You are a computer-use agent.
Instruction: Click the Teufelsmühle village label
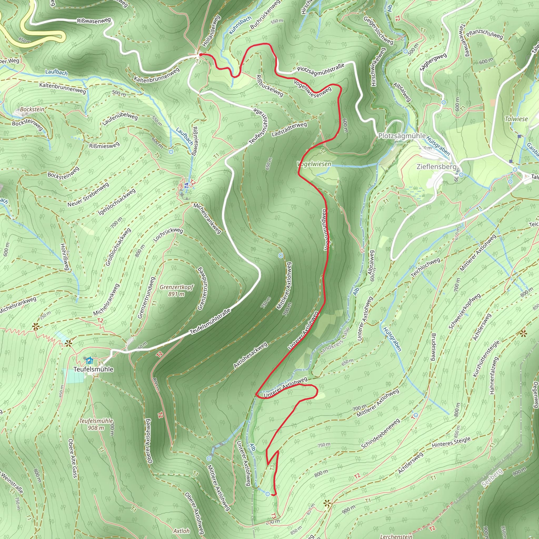tap(93, 369)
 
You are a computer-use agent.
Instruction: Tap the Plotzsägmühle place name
tap(402, 136)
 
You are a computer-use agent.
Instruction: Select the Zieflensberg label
tap(436, 167)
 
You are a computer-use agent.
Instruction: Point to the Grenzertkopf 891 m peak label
tap(176, 291)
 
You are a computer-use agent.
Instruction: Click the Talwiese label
tap(516, 119)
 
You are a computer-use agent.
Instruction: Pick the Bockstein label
tap(32, 109)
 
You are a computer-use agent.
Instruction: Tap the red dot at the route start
tap(201, 55)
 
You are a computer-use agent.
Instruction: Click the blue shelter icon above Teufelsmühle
tap(89, 361)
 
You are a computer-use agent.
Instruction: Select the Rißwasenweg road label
tap(94, 21)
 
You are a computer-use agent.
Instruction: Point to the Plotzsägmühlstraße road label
tap(321, 68)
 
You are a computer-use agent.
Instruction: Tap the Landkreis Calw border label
tap(334, 340)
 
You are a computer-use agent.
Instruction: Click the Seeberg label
tap(492, 478)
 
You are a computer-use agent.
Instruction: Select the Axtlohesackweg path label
tap(250, 355)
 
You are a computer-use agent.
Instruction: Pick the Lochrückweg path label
tap(168, 234)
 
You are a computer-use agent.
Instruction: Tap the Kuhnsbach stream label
tap(240, 25)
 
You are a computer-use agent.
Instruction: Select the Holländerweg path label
tap(211, 31)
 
